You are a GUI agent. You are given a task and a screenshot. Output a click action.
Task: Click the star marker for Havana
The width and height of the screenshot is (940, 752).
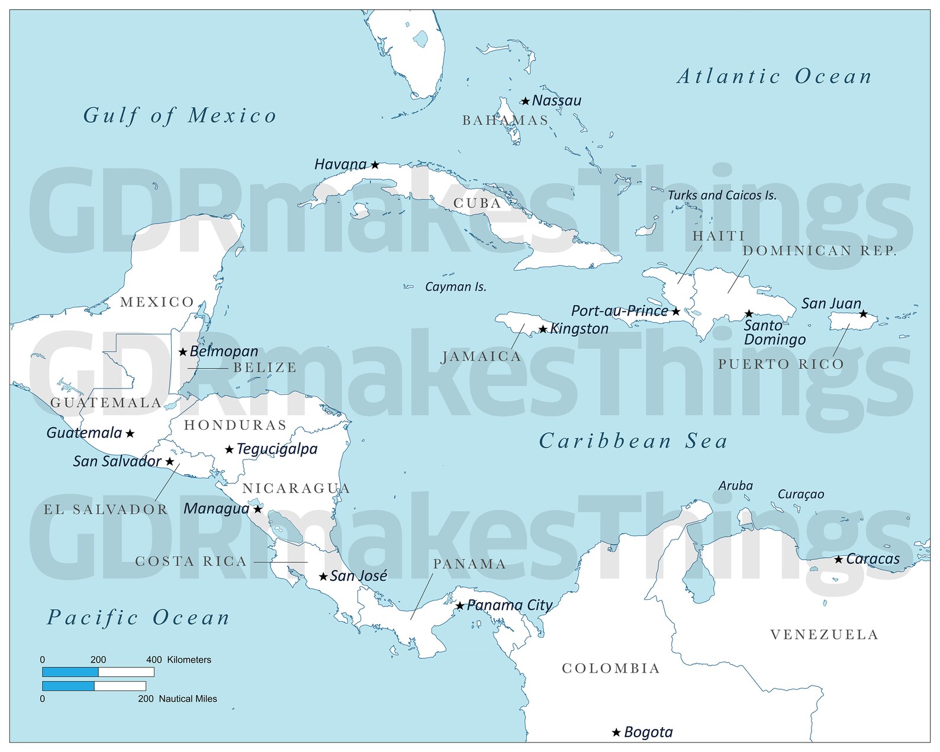pyautogui.click(x=375, y=165)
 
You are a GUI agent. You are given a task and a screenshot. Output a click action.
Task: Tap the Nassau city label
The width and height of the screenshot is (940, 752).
pyautogui.click(x=556, y=101)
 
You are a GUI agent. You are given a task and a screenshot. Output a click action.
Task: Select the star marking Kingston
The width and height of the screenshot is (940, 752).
pyautogui.click(x=543, y=329)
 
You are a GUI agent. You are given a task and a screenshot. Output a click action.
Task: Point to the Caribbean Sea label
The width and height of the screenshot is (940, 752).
pyautogui.click(x=633, y=441)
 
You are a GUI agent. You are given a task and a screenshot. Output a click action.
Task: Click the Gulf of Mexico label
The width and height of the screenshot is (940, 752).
pyautogui.click(x=179, y=115)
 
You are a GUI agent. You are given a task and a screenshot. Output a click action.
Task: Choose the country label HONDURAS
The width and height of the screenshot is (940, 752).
pyautogui.click(x=235, y=425)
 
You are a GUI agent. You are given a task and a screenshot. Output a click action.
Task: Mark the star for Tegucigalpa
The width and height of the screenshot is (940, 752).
pyautogui.click(x=229, y=450)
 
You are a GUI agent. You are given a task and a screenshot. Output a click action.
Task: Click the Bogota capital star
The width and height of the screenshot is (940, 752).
pyautogui.click(x=616, y=733)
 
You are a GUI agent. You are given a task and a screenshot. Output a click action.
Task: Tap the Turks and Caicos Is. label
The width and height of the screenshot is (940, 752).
pyautogui.click(x=722, y=195)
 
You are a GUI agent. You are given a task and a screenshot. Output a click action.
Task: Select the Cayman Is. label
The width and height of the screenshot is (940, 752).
pyautogui.click(x=455, y=287)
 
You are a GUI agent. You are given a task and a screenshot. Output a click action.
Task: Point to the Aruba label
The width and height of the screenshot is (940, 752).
pyautogui.click(x=735, y=486)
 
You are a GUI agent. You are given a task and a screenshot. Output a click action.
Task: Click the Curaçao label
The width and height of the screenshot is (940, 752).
pyautogui.click(x=800, y=494)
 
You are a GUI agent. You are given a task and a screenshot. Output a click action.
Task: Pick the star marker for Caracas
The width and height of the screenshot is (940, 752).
pyautogui.click(x=838, y=560)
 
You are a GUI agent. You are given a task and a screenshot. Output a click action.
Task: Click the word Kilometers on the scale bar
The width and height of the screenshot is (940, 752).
pyautogui.click(x=189, y=660)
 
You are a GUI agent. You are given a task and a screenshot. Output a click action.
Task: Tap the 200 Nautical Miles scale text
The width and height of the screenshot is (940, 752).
pyautogui.click(x=178, y=699)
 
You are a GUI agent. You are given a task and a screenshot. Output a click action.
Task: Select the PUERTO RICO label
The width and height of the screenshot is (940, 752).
pyautogui.click(x=781, y=364)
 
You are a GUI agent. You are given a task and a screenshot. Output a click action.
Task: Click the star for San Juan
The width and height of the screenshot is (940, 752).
pyautogui.click(x=863, y=314)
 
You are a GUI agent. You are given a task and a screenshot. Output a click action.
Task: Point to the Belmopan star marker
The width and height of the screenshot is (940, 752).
pyautogui.click(x=183, y=352)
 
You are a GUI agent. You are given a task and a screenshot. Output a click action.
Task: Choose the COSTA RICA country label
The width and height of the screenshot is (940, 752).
pyautogui.click(x=191, y=561)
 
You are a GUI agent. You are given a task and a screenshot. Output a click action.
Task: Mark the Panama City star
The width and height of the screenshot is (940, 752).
pyautogui.click(x=460, y=606)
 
